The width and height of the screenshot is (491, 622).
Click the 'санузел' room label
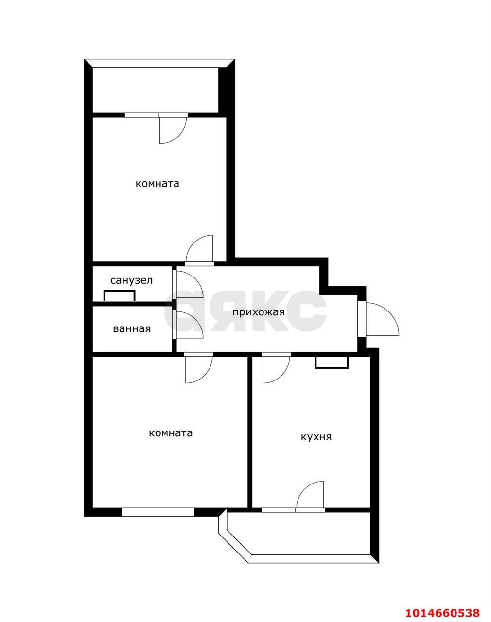coord(131,280)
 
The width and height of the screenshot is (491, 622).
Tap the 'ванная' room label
coord(132,329)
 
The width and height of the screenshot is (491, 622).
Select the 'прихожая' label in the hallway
coord(258,312)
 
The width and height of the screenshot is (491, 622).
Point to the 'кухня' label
coord(316,437)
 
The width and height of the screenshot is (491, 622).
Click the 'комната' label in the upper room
coord(157,184)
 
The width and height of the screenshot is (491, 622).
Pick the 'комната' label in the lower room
coord(171,433)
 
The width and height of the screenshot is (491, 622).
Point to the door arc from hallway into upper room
coord(200,249)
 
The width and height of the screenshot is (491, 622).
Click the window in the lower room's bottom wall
coord(158,512)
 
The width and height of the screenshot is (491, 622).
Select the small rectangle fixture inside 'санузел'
coord(119,295)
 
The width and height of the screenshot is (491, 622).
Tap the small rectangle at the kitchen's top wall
coord(332,363)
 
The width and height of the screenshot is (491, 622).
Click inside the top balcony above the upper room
coord(156,90)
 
